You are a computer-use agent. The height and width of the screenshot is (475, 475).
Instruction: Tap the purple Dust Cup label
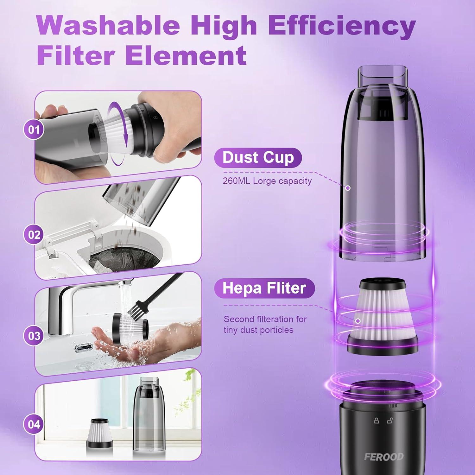(258, 158)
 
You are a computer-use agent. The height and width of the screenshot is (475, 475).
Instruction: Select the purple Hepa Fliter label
(264, 288)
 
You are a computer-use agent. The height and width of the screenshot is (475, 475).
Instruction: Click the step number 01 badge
(34, 130)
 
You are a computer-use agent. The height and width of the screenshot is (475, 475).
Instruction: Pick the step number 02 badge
(34, 235)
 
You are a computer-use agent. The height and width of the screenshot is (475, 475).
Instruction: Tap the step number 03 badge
(34, 336)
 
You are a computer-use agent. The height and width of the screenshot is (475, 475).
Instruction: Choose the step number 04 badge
(34, 424)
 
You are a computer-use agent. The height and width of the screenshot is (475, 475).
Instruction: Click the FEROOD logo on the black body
(384, 457)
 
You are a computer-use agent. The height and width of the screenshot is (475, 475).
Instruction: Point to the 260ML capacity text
(267, 181)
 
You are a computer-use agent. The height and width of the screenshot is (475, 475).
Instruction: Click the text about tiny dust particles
(265, 325)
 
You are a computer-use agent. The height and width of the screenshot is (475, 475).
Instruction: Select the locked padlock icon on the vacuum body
(377, 421)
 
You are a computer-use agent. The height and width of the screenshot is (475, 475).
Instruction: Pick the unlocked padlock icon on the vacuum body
(390, 421)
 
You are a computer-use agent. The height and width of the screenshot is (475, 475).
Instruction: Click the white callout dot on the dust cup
(348, 188)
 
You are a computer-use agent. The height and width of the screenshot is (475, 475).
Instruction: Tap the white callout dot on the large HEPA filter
(358, 321)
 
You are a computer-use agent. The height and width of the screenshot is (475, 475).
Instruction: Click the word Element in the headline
(186, 55)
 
